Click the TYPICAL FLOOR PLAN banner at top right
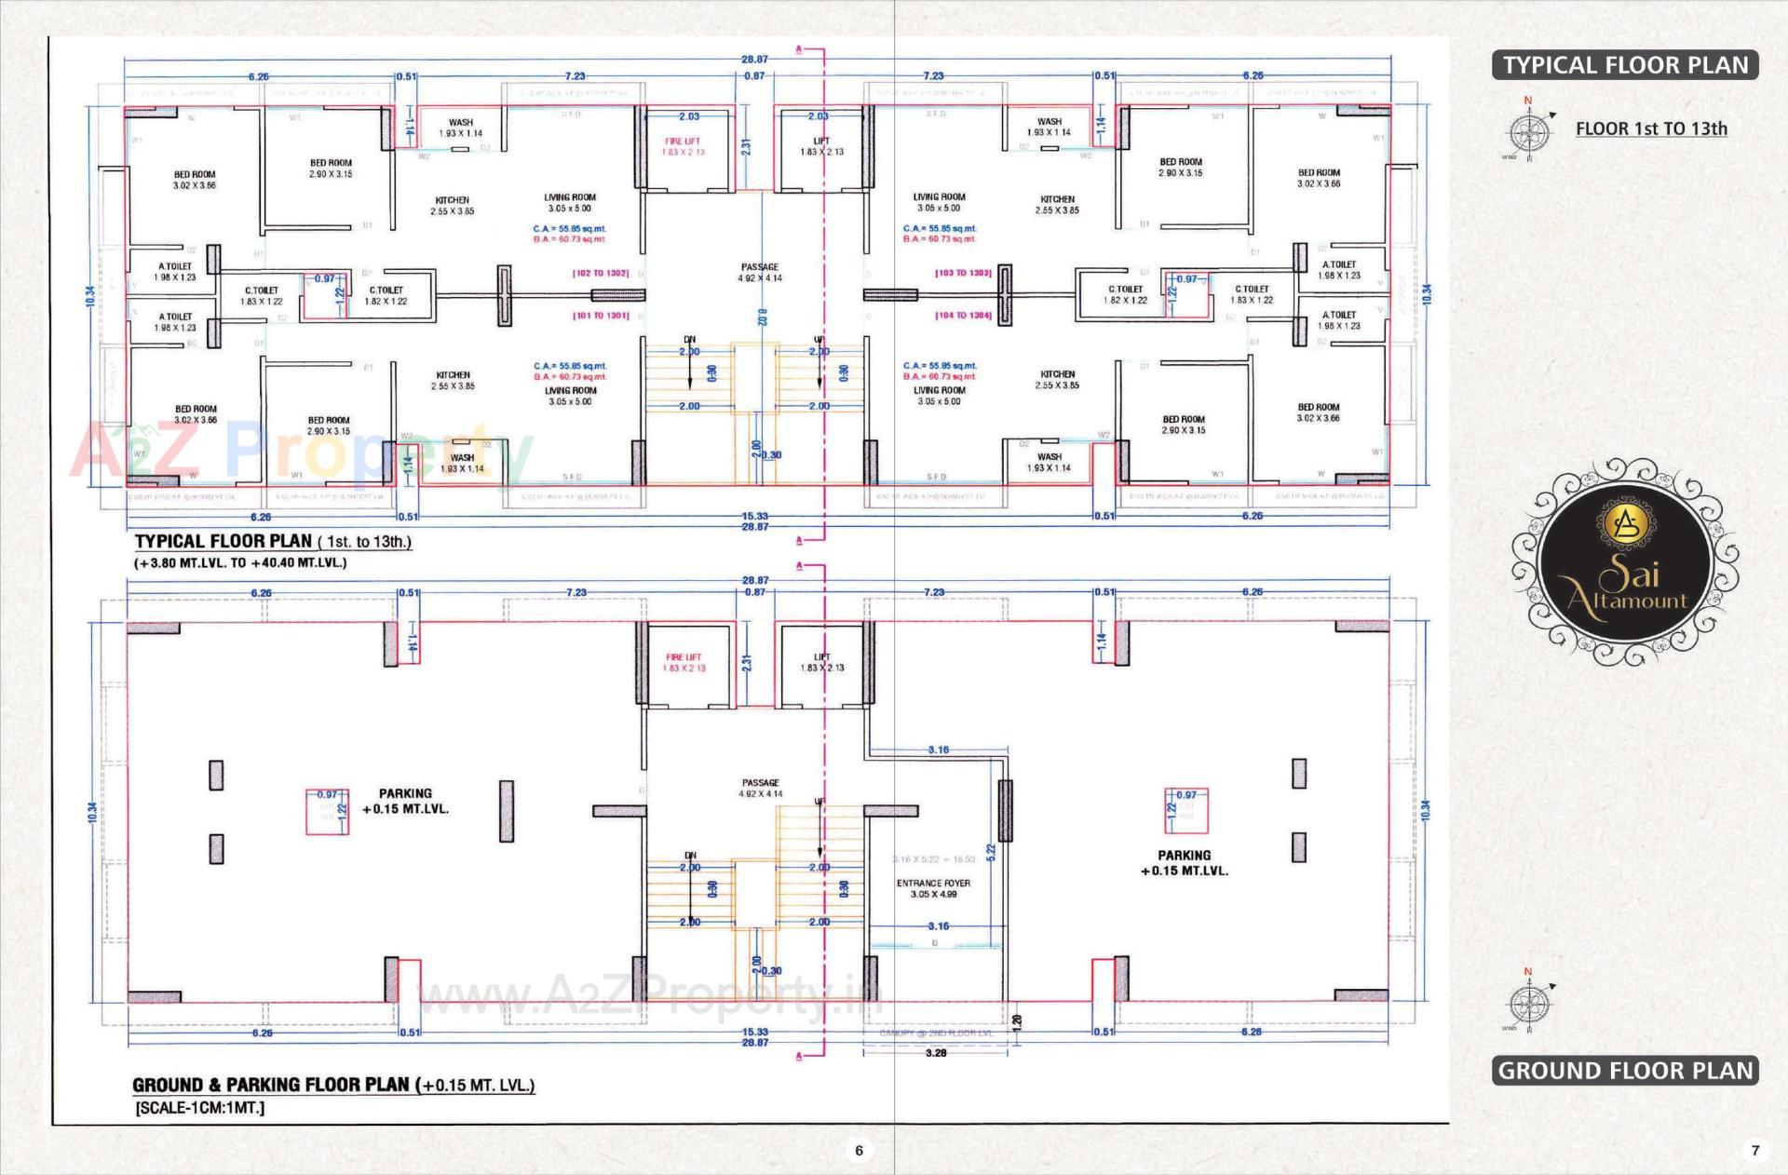[1625, 65]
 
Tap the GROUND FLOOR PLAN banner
[1625, 1071]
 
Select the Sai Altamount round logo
[1625, 562]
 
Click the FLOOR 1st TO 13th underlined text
[1651, 128]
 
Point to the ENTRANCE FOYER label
[933, 888]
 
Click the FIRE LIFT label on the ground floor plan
[684, 662]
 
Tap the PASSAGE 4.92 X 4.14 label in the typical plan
[760, 272]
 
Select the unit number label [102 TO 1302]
[601, 274]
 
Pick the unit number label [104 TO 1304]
[963, 316]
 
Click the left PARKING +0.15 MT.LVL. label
[405, 802]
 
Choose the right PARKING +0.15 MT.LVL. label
[1185, 863]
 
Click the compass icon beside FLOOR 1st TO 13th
[1528, 130]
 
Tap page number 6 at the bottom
[859, 1151]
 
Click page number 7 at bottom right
[1755, 1151]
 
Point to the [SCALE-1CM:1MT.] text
[200, 1108]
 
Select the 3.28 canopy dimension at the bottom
[936, 1053]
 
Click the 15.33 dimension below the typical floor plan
[755, 516]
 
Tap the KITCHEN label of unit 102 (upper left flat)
[453, 206]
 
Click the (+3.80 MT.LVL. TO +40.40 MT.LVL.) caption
[240, 563]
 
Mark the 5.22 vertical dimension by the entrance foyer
[991, 851]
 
